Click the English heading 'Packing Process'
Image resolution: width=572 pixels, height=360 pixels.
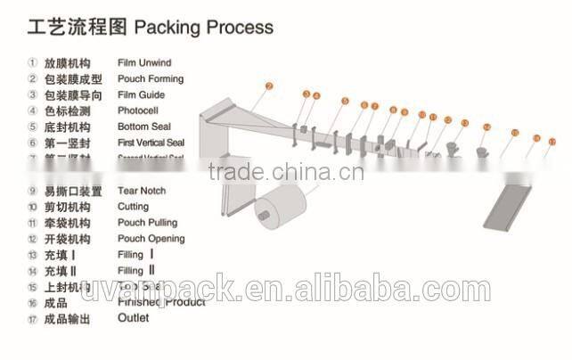(x=203, y=28)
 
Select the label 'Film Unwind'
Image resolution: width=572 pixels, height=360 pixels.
(x=144, y=63)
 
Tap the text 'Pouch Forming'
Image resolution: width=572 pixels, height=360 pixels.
(x=151, y=79)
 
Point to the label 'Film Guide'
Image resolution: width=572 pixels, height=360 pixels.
(x=142, y=95)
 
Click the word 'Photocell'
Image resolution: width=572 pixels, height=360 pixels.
(x=140, y=111)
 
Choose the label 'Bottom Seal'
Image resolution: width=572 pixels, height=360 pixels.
(x=144, y=127)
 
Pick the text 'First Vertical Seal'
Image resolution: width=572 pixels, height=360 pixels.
(x=151, y=143)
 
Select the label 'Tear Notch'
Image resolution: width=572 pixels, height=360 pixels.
(x=142, y=191)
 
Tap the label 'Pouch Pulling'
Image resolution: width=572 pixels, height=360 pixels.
(x=148, y=223)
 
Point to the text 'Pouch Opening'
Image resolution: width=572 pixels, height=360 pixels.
(x=151, y=239)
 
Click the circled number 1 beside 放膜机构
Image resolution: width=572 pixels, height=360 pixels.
(x=32, y=63)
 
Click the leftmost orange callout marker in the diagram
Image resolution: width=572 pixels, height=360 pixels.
(x=267, y=86)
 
